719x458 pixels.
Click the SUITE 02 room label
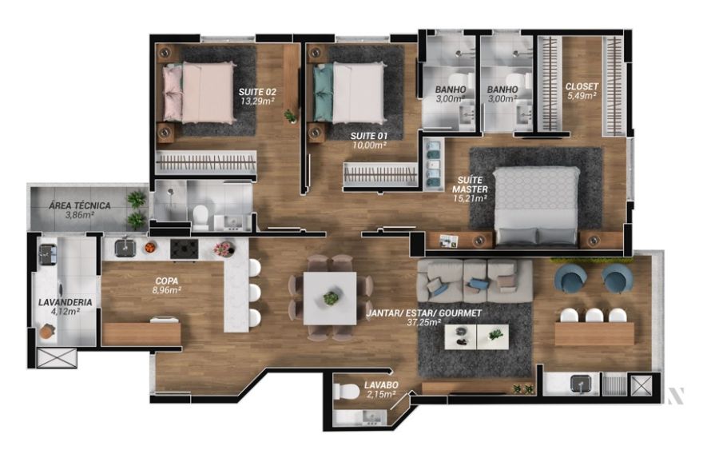tap(257, 92)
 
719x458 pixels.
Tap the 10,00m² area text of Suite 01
tap(368, 145)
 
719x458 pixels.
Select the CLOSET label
tap(582, 86)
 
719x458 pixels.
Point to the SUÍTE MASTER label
tap(470, 185)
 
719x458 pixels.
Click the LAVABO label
tap(381, 385)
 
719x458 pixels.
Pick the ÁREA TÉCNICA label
tap(80, 205)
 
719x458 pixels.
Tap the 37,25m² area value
tap(423, 323)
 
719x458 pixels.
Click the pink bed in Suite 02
tap(199, 93)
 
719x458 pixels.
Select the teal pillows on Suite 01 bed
tap(324, 92)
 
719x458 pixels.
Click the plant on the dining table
tap(331, 298)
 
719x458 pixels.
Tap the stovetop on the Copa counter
tap(185, 249)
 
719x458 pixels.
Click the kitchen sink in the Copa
tap(125, 249)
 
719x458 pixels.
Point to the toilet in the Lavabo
tap(347, 392)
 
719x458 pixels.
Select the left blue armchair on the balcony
tap(570, 277)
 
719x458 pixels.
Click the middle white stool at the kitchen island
tap(255, 293)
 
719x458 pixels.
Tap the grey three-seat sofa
tap(475, 281)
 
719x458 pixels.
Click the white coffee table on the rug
tap(476, 337)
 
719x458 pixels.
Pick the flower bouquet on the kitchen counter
tap(224, 249)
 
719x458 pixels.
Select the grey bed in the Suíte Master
tap(537, 205)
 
